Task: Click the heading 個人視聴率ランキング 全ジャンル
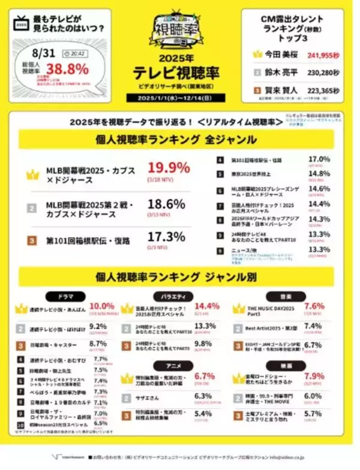(180, 139)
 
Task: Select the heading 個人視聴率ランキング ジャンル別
(180, 277)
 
